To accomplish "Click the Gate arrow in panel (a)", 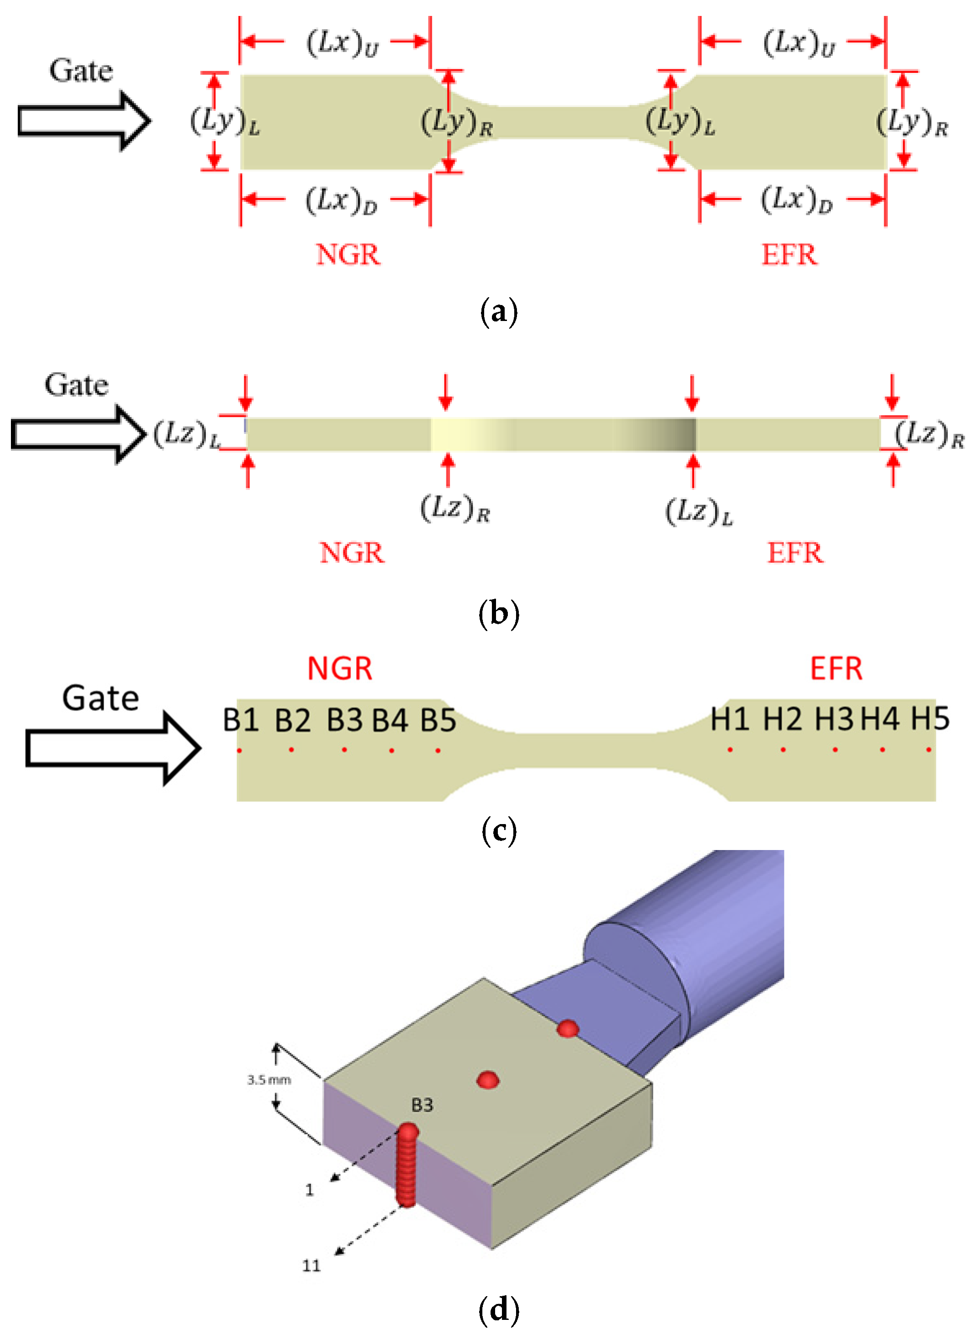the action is tap(84, 121).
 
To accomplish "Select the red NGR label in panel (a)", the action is tap(348, 255).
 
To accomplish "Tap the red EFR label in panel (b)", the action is tap(795, 553).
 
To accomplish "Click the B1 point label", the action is tap(240, 720).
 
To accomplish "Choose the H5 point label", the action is tap(930, 719).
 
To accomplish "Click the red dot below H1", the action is tap(731, 749).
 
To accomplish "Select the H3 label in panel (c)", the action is tap(834, 719).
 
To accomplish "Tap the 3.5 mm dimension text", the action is tap(269, 1080).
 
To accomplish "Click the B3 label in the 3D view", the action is tap(422, 1105).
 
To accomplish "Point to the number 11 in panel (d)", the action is tap(312, 1266).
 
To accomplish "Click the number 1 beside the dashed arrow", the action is tap(309, 1190).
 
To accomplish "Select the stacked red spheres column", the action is tap(407, 1165).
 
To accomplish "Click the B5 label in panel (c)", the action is tap(438, 721).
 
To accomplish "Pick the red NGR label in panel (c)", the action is tap(340, 669).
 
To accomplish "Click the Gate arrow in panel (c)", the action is tap(113, 748).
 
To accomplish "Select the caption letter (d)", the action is tap(499, 1309).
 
